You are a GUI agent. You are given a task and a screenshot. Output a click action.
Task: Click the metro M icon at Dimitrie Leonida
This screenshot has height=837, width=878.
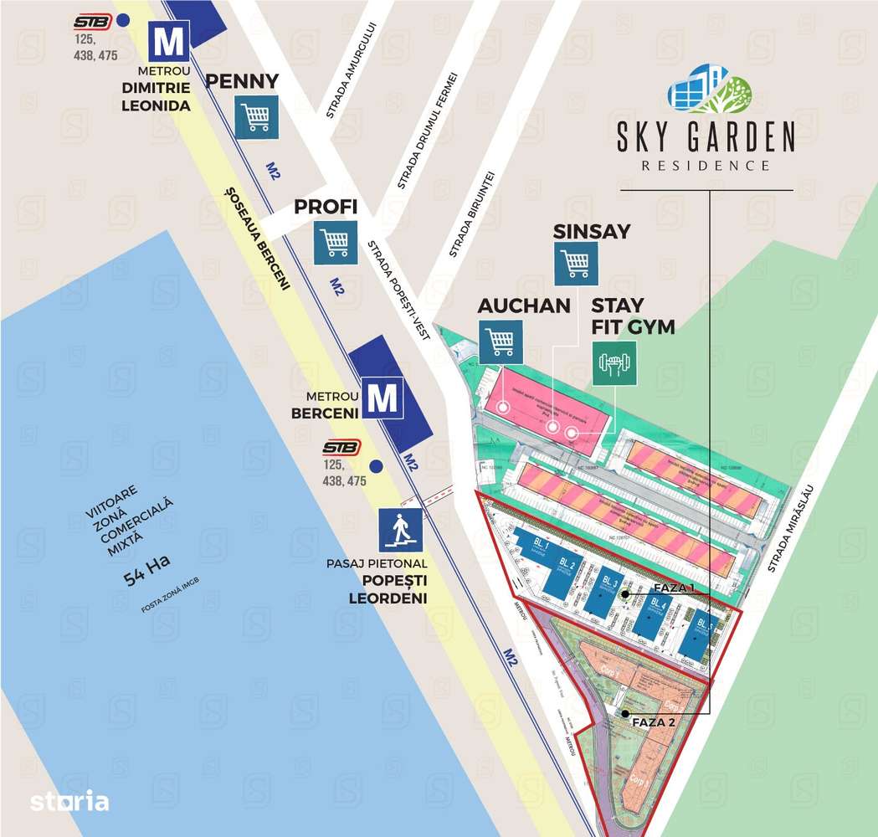[170, 39]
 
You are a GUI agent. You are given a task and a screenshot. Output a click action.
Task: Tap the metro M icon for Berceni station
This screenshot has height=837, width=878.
[383, 398]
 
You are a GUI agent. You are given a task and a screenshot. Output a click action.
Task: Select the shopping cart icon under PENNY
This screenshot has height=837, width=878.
[256, 116]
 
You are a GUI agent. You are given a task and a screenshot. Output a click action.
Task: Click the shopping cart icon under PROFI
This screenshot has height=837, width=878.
[336, 242]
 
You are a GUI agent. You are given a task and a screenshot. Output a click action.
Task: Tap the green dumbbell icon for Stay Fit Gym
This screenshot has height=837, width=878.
[614, 362]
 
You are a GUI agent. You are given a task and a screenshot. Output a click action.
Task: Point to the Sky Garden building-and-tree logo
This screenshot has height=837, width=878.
[709, 90]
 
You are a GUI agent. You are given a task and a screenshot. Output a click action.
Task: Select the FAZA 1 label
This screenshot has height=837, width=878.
[675, 588]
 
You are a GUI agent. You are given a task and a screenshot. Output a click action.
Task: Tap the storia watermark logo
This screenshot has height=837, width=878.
[69, 801]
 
